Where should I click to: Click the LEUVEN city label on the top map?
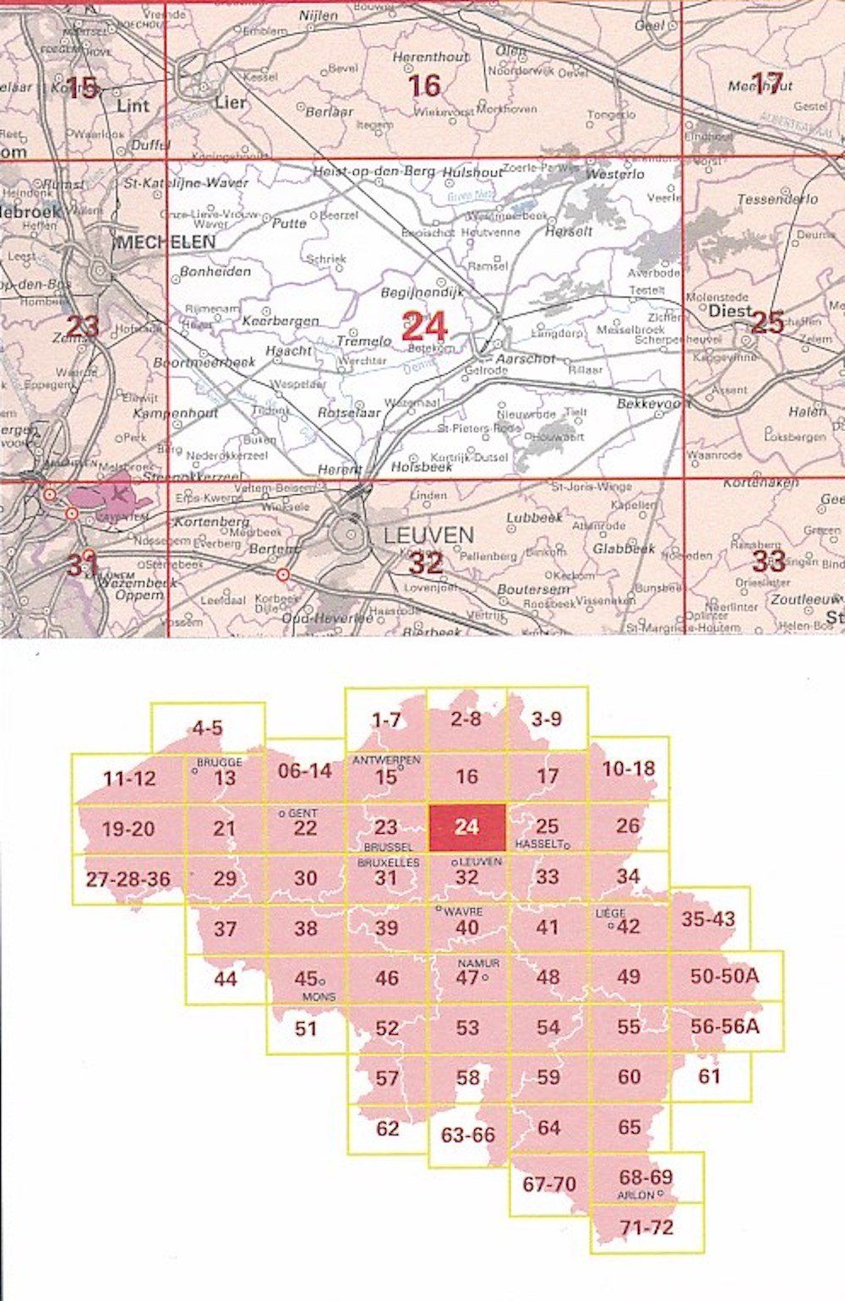(x=428, y=535)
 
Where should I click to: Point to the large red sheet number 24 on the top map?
(x=424, y=325)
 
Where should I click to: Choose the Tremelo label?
(x=364, y=341)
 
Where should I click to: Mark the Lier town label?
(x=231, y=102)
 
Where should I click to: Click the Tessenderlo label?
(x=777, y=199)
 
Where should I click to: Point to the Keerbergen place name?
(x=281, y=321)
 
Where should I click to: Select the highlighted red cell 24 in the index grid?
(x=467, y=827)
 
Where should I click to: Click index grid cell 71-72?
(x=646, y=1228)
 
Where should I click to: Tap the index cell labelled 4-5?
(x=207, y=727)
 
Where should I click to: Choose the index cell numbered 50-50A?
(x=725, y=976)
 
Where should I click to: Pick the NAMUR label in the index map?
(x=478, y=963)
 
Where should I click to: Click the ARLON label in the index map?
(x=636, y=1195)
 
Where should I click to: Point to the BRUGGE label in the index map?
(x=219, y=761)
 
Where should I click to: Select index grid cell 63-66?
(x=468, y=1135)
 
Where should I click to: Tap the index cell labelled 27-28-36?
(x=128, y=879)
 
